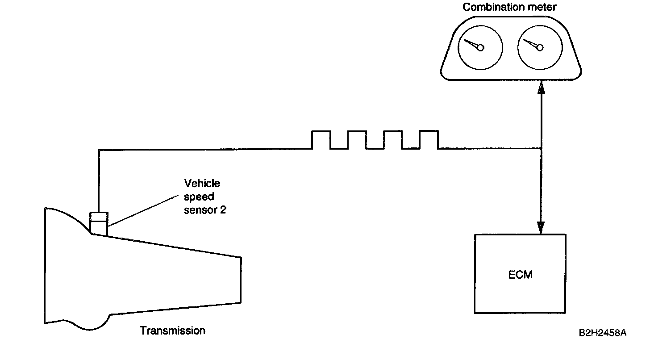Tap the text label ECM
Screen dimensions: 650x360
tap(521, 274)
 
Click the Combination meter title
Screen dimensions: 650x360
tap(509, 8)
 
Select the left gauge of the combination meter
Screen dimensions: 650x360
tap(480, 47)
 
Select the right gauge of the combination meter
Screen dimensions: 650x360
tap(539, 47)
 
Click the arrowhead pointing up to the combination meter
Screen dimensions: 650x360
tap(542, 86)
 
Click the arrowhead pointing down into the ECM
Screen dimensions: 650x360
tap(542, 228)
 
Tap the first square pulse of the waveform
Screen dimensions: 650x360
tap(321, 139)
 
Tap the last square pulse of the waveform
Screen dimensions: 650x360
tap(429, 139)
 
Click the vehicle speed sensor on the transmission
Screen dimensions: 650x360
tap(99, 222)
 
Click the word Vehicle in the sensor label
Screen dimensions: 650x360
tap(202, 184)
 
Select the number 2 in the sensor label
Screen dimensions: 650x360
tap(223, 209)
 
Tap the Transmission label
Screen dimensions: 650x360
tap(173, 331)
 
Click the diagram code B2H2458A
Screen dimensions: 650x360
tap(602, 333)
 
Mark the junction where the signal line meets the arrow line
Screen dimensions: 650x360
tap(542, 149)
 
